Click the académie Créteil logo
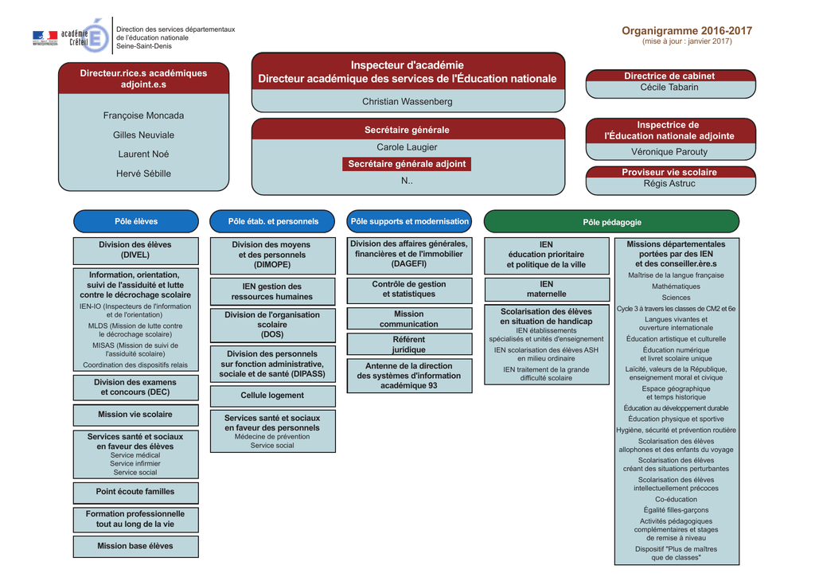coord(71,36)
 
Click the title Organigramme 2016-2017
coord(687,31)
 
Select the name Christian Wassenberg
coord(407,102)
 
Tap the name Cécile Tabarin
coord(669,88)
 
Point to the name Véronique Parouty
coord(669,152)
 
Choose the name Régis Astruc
coord(669,184)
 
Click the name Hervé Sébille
coord(143,173)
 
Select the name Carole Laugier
coord(407,147)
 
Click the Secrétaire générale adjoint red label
coord(407,164)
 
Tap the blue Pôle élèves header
coord(136,221)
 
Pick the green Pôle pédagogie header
coord(611,222)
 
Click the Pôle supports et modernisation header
coord(409,221)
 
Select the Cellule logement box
coord(273,396)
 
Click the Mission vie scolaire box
coord(135,415)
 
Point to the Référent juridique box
coord(410,344)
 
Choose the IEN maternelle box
coord(547,289)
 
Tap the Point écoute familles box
coord(135,493)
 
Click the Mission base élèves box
coord(135,546)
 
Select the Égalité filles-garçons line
coord(676,510)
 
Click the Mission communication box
coord(410,318)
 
